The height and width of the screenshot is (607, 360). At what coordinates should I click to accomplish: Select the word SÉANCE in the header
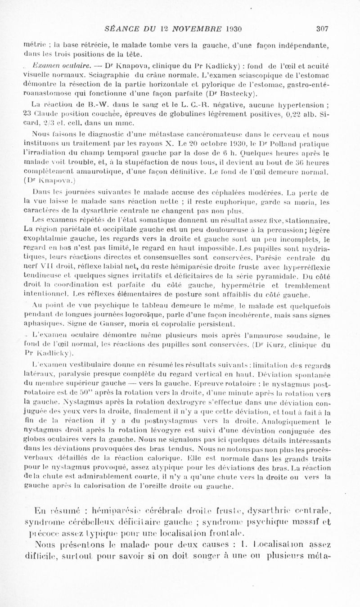click(118, 29)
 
